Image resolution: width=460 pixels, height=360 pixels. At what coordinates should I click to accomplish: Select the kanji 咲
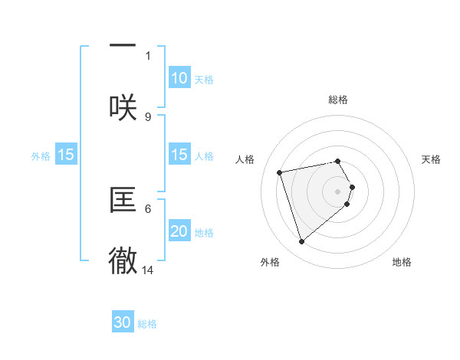[x=123, y=106]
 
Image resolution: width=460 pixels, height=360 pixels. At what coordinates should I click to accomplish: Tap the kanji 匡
[x=123, y=200]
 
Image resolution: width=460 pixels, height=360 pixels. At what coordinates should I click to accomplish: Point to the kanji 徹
[x=123, y=261]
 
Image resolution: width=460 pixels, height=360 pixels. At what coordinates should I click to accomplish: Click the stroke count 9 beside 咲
[x=148, y=116]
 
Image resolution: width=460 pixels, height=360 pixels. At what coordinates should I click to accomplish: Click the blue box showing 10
[x=179, y=78]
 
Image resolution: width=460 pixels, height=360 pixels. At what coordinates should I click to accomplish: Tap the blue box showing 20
[x=179, y=231]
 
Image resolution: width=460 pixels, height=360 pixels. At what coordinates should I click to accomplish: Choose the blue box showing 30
[x=123, y=322]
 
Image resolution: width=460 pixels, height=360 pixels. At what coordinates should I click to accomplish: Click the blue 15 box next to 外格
[x=66, y=155]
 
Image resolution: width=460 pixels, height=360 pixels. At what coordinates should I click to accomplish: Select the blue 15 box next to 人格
[x=179, y=155]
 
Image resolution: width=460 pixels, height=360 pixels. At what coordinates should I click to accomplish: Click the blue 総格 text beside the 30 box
[x=147, y=324]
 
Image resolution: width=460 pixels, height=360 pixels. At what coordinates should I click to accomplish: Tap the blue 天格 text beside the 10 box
[x=204, y=80]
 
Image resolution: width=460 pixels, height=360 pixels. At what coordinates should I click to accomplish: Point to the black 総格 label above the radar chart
[x=338, y=100]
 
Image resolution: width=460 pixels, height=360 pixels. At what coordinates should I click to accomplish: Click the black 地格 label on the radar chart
[x=402, y=262]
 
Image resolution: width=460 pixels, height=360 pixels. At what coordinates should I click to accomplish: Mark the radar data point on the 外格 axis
[x=302, y=241]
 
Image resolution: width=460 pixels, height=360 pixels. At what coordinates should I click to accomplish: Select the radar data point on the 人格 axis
[x=280, y=172]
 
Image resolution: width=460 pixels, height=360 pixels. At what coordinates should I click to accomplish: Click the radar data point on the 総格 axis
[x=338, y=161]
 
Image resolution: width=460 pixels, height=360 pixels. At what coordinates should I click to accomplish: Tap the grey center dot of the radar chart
[x=338, y=191]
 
